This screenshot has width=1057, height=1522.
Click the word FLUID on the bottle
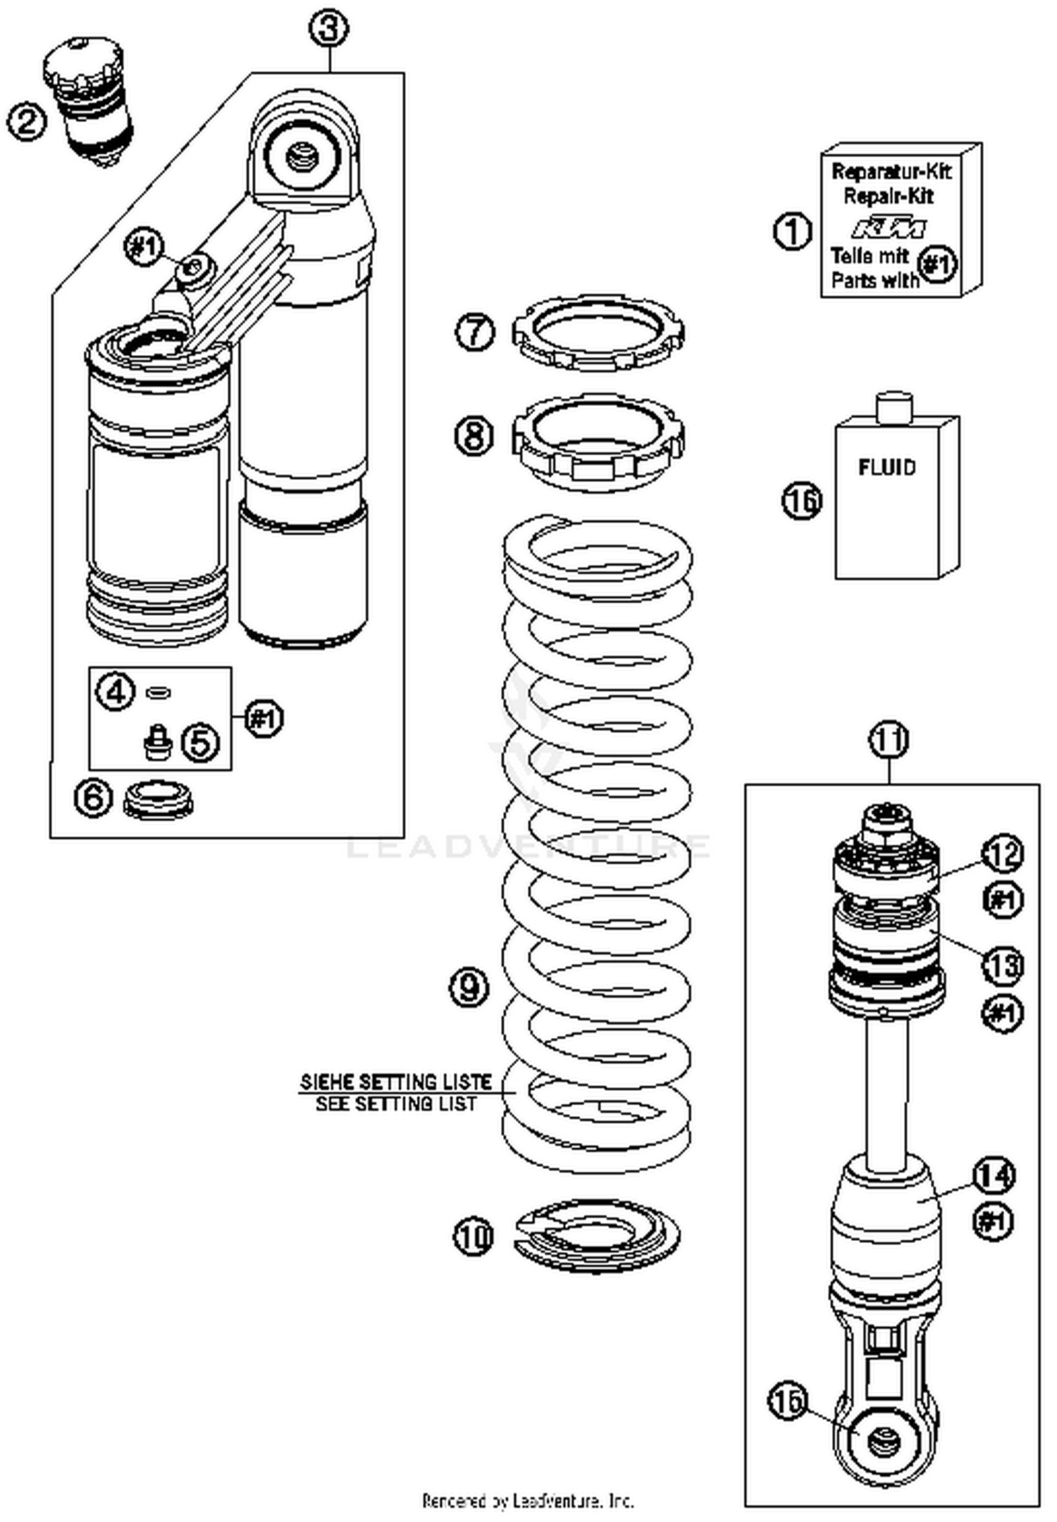click(886, 467)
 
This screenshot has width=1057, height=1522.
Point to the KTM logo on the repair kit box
click(888, 228)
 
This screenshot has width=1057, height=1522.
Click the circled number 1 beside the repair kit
click(792, 231)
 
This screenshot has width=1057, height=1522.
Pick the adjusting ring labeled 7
click(598, 333)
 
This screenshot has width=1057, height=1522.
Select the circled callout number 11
click(889, 740)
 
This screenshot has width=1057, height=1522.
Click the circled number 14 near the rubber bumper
click(994, 1175)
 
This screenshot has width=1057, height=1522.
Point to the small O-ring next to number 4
click(159, 693)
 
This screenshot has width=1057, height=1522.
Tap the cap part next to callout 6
click(158, 799)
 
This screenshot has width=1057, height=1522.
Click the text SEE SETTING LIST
click(395, 1103)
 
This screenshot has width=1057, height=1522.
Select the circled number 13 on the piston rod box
click(1003, 965)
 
